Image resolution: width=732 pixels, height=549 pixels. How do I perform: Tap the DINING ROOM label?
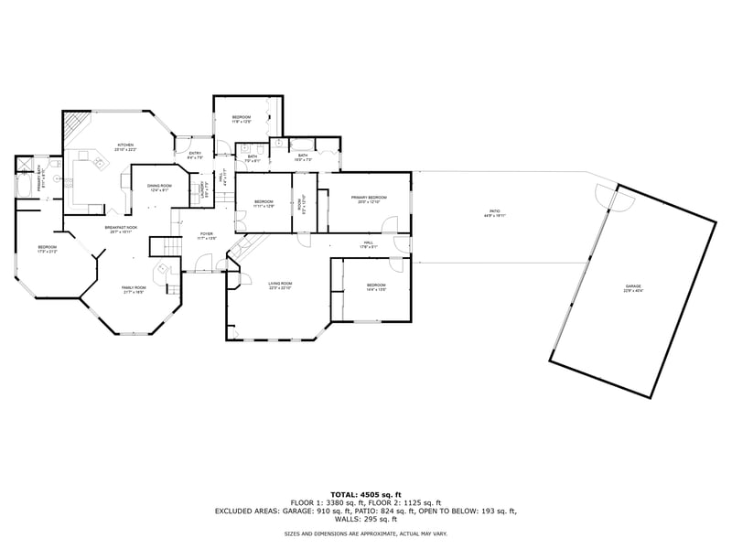pos(159,188)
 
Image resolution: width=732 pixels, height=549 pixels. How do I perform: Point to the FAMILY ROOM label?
pos(135,290)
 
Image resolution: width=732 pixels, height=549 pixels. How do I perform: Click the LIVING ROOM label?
pos(279,286)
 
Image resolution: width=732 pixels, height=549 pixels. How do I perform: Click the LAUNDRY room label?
pos(204,190)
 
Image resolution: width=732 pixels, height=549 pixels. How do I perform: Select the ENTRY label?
pos(195,155)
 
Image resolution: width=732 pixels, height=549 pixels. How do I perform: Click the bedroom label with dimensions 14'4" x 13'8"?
pos(376,286)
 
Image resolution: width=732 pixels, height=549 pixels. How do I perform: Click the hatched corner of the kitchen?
pos(75,124)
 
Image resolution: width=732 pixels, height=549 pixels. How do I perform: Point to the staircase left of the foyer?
pos(162,247)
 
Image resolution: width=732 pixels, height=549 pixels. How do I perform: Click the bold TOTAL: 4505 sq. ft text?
pos(365,494)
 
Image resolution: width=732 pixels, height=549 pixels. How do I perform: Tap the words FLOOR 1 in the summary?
pos(306,502)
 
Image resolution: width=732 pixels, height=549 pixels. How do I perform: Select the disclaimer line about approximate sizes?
pos(365,533)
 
